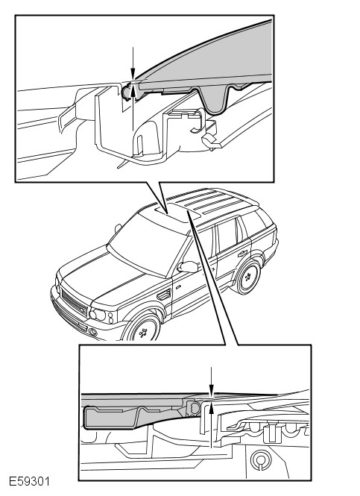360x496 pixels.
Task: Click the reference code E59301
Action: (29, 482)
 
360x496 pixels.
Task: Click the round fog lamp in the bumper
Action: (93, 332)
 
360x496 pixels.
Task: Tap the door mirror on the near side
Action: (188, 267)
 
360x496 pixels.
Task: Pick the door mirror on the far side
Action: (119, 227)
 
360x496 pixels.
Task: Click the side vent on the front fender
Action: (164, 295)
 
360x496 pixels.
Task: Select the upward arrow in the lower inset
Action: (212, 424)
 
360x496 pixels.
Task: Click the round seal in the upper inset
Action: (127, 92)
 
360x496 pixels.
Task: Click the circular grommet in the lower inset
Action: (260, 460)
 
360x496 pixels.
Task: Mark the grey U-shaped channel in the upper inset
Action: (215, 101)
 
